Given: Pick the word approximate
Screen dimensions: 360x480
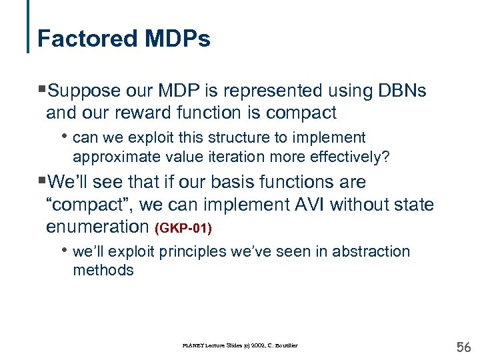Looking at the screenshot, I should tap(111, 157).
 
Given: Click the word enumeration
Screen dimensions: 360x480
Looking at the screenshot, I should tap(97, 227).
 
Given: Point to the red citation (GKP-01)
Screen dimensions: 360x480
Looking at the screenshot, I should tap(183, 229).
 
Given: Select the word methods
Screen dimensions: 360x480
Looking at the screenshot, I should tap(103, 271).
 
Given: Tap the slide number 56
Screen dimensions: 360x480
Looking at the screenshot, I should tap(462, 347).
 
